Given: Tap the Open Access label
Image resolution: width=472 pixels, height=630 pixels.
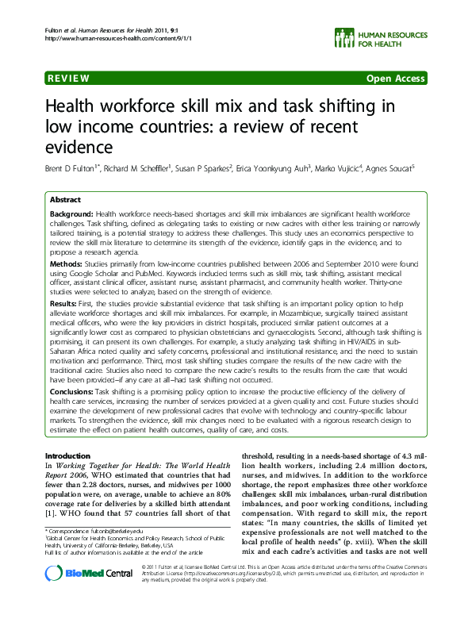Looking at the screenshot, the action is (x=395, y=79).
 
